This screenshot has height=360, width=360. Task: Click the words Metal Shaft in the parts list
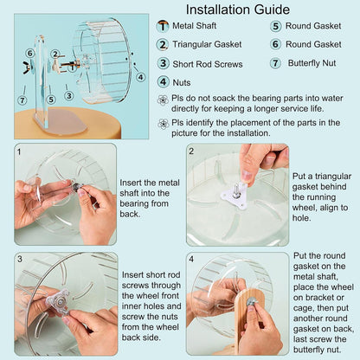(x=196, y=26)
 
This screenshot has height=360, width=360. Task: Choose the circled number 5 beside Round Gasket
(x=276, y=26)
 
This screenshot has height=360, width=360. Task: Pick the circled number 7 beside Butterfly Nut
(x=276, y=62)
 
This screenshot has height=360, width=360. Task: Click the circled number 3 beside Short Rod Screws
(x=163, y=62)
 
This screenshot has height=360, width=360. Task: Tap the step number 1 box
(x=19, y=151)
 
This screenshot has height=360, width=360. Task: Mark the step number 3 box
(x=19, y=258)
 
